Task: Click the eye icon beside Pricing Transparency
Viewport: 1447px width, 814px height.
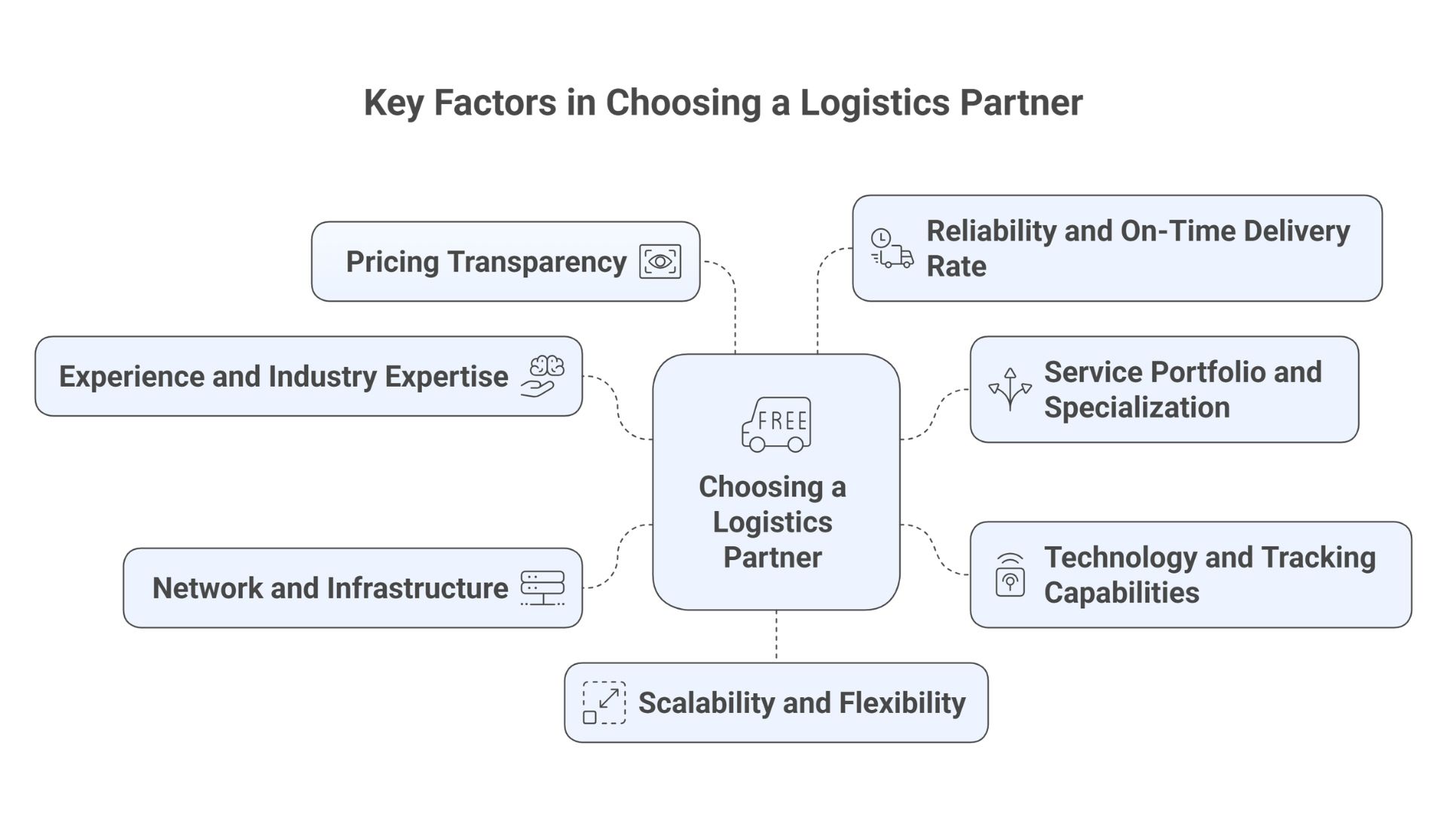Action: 660,262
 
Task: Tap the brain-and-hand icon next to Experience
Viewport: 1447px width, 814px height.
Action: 543,376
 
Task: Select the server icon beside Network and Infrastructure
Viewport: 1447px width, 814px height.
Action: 543,588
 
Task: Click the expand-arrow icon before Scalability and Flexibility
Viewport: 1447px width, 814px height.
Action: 604,702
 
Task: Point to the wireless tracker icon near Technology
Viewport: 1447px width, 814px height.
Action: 1010,575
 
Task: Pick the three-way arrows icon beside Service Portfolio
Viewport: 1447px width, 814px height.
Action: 1010,389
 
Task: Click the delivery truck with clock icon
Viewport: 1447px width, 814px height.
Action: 892,249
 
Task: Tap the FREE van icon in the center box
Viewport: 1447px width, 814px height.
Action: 776,424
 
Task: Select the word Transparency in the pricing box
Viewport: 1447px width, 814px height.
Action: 537,262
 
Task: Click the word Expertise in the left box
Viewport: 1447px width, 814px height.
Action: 446,377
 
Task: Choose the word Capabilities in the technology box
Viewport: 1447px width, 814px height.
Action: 1121,593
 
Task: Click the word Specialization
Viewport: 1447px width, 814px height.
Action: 1136,408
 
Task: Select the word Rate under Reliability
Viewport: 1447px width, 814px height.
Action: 956,267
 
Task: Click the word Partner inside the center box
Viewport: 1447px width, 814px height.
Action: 772,558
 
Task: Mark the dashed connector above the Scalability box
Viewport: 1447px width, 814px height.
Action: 776,636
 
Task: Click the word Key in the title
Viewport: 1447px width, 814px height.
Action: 393,103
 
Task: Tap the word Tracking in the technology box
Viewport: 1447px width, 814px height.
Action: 1318,558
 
